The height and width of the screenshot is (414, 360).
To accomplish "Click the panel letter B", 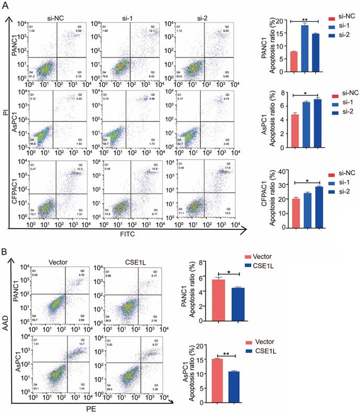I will (5, 252).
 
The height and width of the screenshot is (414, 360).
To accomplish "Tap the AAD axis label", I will (5, 331).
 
